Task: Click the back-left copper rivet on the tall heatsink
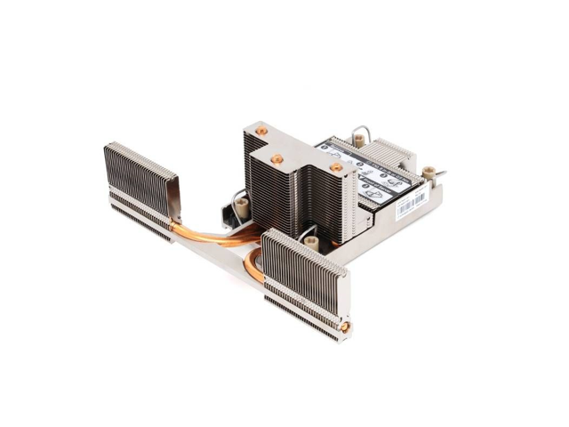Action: pyautogui.click(x=261, y=131)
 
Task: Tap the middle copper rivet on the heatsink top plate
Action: pyautogui.click(x=277, y=159)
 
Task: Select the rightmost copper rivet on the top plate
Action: pyautogui.click(x=336, y=166)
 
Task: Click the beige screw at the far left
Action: pyautogui.click(x=240, y=206)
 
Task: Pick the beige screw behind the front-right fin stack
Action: pyautogui.click(x=310, y=241)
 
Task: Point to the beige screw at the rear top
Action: pyautogui.click(x=359, y=139)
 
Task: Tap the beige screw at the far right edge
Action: pyautogui.click(x=429, y=172)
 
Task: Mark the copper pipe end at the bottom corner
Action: pyautogui.click(x=344, y=327)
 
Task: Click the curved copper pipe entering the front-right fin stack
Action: pyautogui.click(x=253, y=264)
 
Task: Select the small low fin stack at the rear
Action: pyautogui.click(x=387, y=152)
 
